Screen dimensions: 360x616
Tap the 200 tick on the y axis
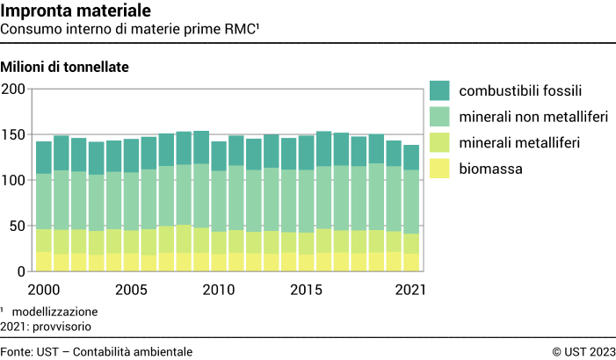click(13, 90)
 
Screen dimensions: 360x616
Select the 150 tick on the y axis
click(13, 135)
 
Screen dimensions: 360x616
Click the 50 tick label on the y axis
click(17, 227)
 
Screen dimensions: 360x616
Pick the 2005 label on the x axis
click(131, 290)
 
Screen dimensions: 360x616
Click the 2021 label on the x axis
click(410, 290)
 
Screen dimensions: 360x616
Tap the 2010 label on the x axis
click(219, 290)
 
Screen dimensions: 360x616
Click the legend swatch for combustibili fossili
click(439, 90)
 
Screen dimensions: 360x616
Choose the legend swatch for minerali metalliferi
click(439, 141)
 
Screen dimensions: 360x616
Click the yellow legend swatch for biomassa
click(439, 167)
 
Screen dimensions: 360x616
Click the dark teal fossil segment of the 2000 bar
click(44, 157)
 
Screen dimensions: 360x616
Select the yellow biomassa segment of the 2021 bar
click(410, 262)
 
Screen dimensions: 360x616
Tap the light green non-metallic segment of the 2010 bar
click(219, 200)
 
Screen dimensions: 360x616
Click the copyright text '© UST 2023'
click(583, 351)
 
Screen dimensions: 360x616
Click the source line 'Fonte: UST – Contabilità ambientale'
click(97, 351)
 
